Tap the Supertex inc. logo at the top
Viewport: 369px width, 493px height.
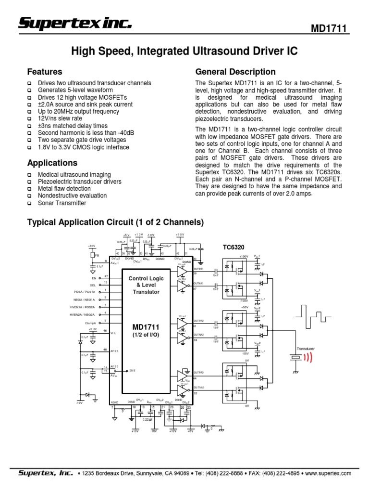coord(75,23)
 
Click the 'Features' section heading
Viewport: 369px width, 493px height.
coord(45,72)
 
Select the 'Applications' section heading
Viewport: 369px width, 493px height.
coord(52,163)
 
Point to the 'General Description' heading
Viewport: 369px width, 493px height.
coord(235,72)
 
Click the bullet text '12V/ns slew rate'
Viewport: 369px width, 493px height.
coord(60,118)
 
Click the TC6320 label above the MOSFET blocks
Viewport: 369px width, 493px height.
coord(234,247)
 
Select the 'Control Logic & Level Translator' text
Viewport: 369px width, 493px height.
coord(146,285)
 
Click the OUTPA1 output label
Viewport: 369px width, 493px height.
coord(198,269)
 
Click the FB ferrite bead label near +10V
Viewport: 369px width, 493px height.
coord(97,255)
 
